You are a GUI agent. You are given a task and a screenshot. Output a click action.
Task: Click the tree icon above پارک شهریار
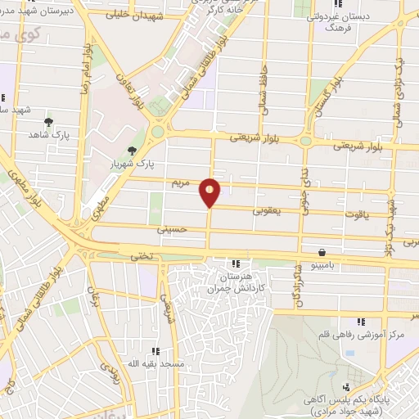(x=133, y=150)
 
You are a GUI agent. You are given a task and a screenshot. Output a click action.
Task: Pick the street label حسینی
(x=176, y=231)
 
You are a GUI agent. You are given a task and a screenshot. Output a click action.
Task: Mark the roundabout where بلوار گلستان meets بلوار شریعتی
(x=306, y=141)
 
